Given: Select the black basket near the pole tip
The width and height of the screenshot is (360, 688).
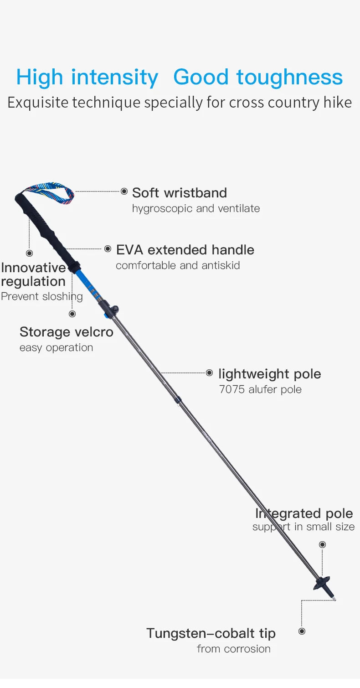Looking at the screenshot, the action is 321,582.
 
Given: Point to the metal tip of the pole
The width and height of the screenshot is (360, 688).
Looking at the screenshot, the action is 334,599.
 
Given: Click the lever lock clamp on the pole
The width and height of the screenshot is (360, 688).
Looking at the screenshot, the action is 110,310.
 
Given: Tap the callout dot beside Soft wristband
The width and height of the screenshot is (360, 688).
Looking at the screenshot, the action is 124,191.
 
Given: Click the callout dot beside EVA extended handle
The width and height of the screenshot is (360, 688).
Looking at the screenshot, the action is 108,249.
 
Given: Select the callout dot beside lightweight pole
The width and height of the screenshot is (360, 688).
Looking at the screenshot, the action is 209,373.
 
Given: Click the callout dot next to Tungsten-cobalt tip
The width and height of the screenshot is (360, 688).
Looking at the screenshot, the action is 302,631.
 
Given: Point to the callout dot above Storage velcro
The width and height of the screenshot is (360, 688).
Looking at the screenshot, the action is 72,314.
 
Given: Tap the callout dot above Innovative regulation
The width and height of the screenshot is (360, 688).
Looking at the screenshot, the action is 30,253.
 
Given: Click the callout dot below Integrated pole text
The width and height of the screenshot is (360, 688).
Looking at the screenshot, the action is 322,544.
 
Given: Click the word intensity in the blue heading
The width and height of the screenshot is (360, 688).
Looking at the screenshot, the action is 114,77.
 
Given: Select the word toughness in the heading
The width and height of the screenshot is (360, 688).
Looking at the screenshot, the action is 289,77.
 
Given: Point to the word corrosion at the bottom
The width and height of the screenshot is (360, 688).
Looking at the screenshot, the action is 247,649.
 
